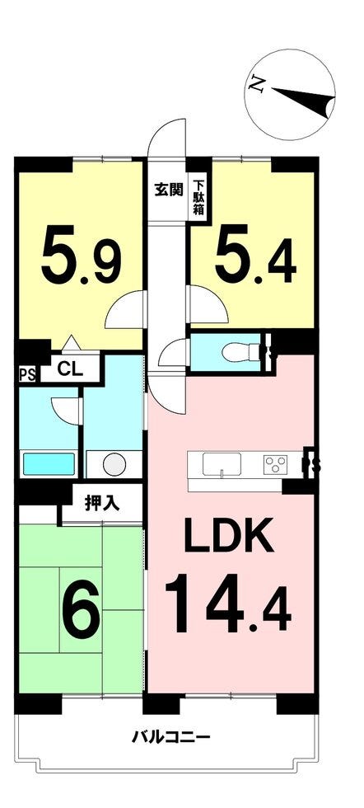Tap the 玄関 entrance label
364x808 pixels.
(168, 190)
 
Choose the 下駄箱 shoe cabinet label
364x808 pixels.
(198, 196)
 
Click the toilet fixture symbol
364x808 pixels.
(243, 353)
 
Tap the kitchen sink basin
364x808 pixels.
(222, 464)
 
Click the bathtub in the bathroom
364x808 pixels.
(49, 463)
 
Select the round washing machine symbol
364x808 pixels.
(114, 464)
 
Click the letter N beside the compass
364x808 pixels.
(257, 84)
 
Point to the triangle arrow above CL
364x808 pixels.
(71, 342)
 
